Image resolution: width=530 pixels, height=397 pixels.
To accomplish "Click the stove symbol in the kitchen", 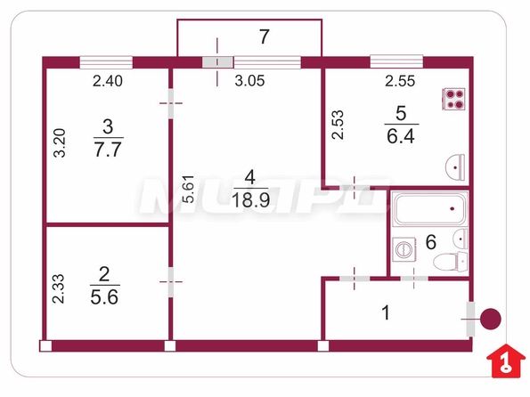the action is [x=453, y=99].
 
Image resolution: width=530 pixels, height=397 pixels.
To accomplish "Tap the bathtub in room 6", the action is [x=430, y=209].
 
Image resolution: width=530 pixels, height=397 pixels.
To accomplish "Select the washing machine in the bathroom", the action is [x=404, y=250].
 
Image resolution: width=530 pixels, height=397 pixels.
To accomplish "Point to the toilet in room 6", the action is [x=450, y=262].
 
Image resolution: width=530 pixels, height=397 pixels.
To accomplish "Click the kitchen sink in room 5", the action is [x=455, y=167].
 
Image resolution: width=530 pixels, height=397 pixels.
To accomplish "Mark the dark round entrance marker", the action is [x=491, y=319].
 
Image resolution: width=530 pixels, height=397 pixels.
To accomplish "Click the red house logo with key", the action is [x=505, y=361].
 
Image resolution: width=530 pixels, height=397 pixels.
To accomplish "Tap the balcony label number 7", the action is [x=264, y=36].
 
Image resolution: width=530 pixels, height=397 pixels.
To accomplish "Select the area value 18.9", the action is [x=250, y=200].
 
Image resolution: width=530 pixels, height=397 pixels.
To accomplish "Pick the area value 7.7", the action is [x=108, y=150].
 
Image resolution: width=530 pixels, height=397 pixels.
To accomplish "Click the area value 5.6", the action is [x=104, y=297].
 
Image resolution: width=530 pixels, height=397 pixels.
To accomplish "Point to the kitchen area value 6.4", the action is [x=401, y=136].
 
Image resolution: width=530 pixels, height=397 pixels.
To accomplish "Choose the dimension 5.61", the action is [x=188, y=189].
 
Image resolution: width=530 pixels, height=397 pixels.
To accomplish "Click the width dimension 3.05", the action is [x=249, y=81].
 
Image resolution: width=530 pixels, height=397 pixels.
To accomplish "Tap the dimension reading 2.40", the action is [x=108, y=81].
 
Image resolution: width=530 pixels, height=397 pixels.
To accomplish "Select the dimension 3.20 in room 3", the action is [x=60, y=143].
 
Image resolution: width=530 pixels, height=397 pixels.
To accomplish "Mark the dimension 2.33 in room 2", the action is [x=58, y=288].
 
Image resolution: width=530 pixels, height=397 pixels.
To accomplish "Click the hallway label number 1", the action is [x=386, y=312].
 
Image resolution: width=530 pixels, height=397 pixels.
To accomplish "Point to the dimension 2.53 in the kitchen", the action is [x=338, y=125].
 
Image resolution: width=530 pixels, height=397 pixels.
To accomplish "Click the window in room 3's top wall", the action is [x=106, y=62].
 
